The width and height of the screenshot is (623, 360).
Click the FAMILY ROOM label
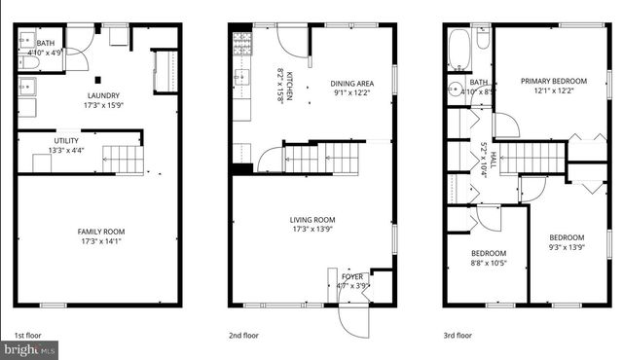(x=101, y=232)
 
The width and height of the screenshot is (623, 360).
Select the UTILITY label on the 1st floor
(x=66, y=141)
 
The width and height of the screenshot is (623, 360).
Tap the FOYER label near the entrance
(x=352, y=277)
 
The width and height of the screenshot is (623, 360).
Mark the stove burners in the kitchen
(x=242, y=43)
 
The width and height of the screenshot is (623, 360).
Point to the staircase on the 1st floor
(x=123, y=159)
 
